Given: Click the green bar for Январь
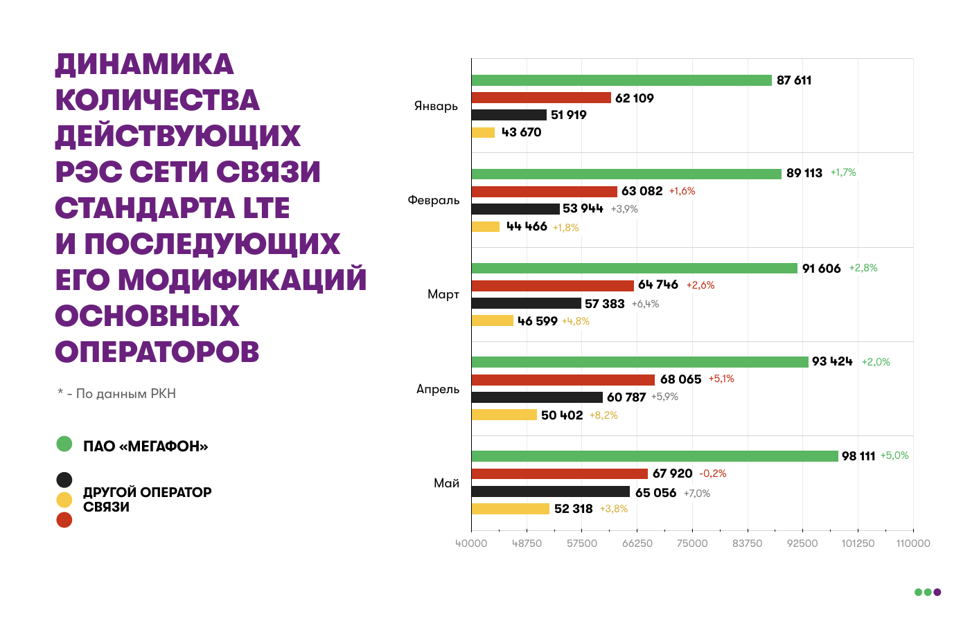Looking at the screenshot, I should pyautogui.click(x=621, y=80).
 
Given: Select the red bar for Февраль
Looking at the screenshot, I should pyautogui.click(x=544, y=192).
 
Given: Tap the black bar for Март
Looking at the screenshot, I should pyautogui.click(x=526, y=303).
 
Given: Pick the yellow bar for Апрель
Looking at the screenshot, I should pyautogui.click(x=504, y=415).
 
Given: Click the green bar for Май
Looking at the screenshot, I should pyautogui.click(x=655, y=456).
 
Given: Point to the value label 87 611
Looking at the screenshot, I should pyautogui.click(x=794, y=80).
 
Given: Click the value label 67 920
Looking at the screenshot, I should pyautogui.click(x=672, y=473).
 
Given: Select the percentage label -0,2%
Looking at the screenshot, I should pyautogui.click(x=712, y=473).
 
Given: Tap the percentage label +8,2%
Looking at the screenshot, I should pyautogui.click(x=603, y=415).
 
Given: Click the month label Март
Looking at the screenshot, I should pyautogui.click(x=443, y=294).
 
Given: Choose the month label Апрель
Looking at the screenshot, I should pyautogui.click(x=438, y=389).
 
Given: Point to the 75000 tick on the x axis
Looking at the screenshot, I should pyautogui.click(x=692, y=543).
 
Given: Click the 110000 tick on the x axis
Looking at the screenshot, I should pyautogui.click(x=913, y=543).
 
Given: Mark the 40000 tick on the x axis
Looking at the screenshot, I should pyautogui.click(x=471, y=543).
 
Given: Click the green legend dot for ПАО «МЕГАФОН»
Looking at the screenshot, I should pyautogui.click(x=64, y=444).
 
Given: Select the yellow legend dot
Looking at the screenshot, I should pyautogui.click(x=64, y=500).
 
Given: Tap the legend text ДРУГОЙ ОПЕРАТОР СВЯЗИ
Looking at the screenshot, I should pyautogui.click(x=147, y=499).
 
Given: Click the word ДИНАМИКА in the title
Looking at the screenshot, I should pyautogui.click(x=144, y=64).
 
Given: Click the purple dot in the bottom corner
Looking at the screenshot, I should pyautogui.click(x=937, y=592).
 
